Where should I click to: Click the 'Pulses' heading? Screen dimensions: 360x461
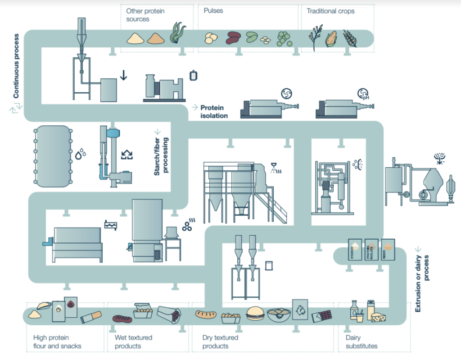[x=213, y=10]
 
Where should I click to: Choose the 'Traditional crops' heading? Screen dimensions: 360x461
[x=331, y=10]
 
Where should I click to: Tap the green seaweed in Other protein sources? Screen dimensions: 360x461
[x=177, y=33]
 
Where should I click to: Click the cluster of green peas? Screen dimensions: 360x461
[x=285, y=38]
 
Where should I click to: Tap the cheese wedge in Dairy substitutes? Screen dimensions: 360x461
[x=379, y=317]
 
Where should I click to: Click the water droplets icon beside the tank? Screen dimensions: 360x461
[x=81, y=154]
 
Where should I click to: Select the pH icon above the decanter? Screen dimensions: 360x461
[x=363, y=93]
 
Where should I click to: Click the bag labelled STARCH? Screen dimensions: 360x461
[x=354, y=250]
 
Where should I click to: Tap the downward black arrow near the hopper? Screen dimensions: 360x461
[x=123, y=75]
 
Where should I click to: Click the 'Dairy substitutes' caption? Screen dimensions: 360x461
[x=361, y=342]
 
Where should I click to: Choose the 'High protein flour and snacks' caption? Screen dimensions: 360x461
[x=57, y=342]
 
